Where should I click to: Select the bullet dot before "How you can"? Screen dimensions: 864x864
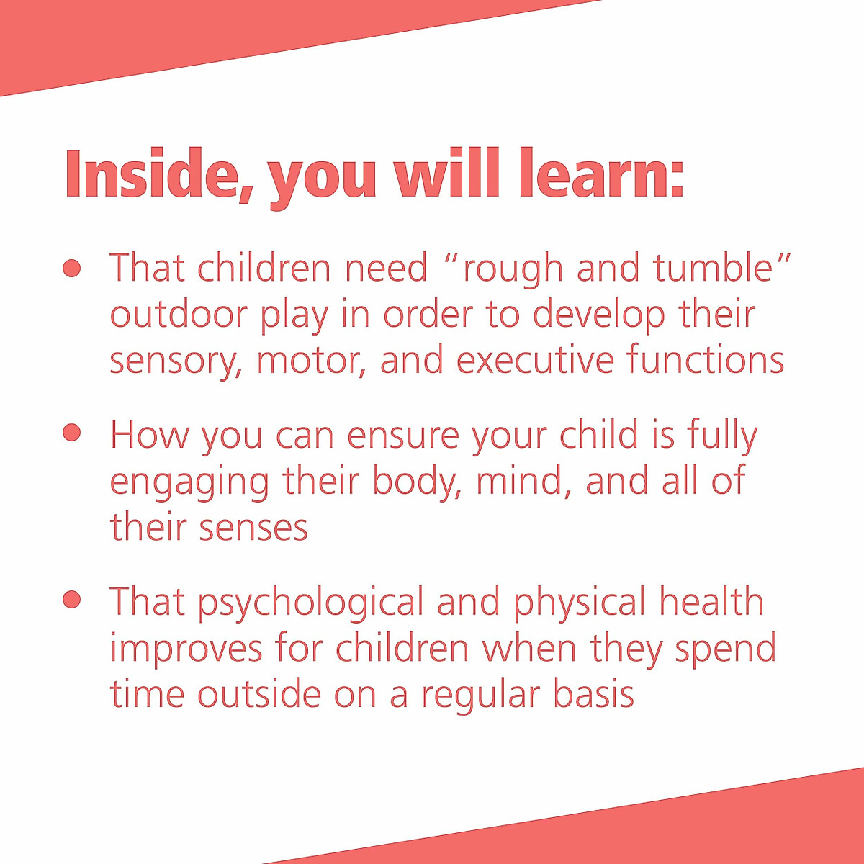point(71,432)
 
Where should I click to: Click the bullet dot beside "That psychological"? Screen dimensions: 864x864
point(71,599)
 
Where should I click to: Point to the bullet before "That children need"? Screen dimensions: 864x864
point(71,268)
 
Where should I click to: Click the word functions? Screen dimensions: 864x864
point(705,360)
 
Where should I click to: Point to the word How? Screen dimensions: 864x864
point(149,435)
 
